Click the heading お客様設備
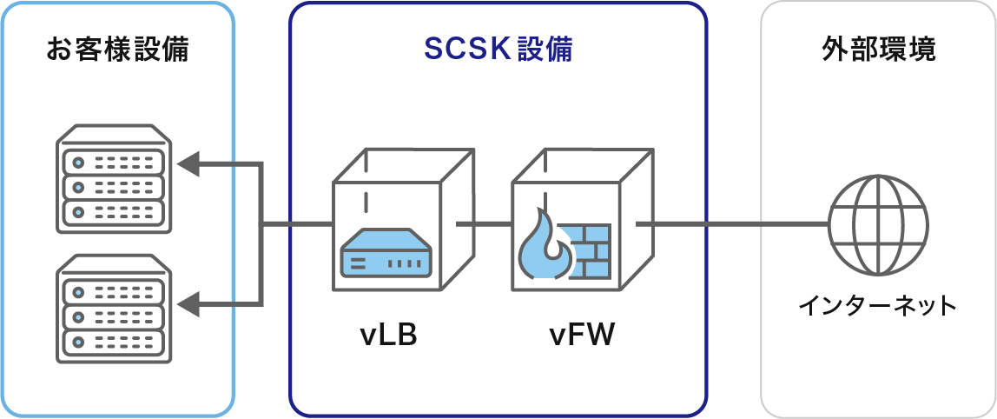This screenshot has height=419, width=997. [117, 50]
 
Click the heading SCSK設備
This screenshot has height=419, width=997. [498, 50]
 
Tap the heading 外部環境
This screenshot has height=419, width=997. [878, 50]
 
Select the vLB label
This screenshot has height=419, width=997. [389, 335]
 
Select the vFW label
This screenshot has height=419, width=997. [582, 335]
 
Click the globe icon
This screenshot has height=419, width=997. [877, 223]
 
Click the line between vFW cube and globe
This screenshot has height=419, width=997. [734, 224]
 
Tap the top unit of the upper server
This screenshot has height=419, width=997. [110, 162]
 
